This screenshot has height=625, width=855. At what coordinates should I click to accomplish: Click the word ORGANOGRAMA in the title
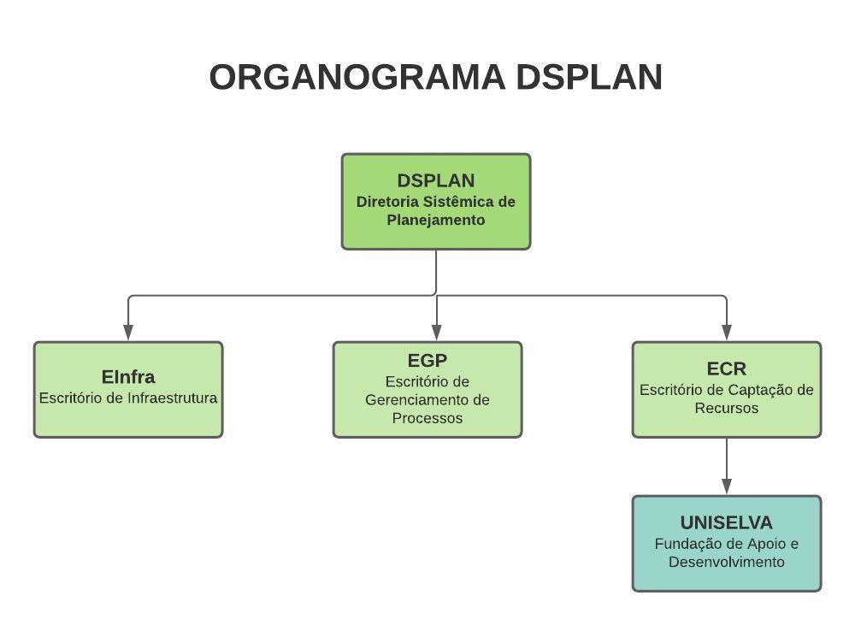[x=357, y=77]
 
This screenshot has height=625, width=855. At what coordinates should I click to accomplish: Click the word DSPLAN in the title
[x=589, y=77]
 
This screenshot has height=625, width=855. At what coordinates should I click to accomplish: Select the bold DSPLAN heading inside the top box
[x=436, y=180]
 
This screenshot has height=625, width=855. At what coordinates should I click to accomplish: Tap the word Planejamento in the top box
[x=436, y=221]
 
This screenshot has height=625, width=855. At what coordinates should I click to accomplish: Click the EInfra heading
[x=128, y=377]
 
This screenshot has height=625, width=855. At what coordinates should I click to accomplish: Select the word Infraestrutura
[x=173, y=398]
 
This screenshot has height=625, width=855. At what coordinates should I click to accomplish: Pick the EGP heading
[x=427, y=361]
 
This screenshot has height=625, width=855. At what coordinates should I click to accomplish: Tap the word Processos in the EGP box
[x=427, y=418]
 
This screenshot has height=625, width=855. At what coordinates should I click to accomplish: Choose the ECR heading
[x=726, y=369]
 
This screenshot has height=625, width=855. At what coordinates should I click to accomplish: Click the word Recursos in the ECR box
[x=726, y=409]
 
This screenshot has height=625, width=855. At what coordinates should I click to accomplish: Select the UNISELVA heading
[x=726, y=522]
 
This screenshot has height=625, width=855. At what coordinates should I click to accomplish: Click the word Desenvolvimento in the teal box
[x=726, y=563]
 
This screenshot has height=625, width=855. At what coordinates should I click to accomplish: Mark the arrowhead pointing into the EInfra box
[x=128, y=332]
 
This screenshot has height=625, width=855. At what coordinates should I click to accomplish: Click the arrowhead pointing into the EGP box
[x=436, y=332]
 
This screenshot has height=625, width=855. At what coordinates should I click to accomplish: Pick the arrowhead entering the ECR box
[x=726, y=332]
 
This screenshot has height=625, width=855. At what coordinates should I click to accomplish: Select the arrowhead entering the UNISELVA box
[x=726, y=486]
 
